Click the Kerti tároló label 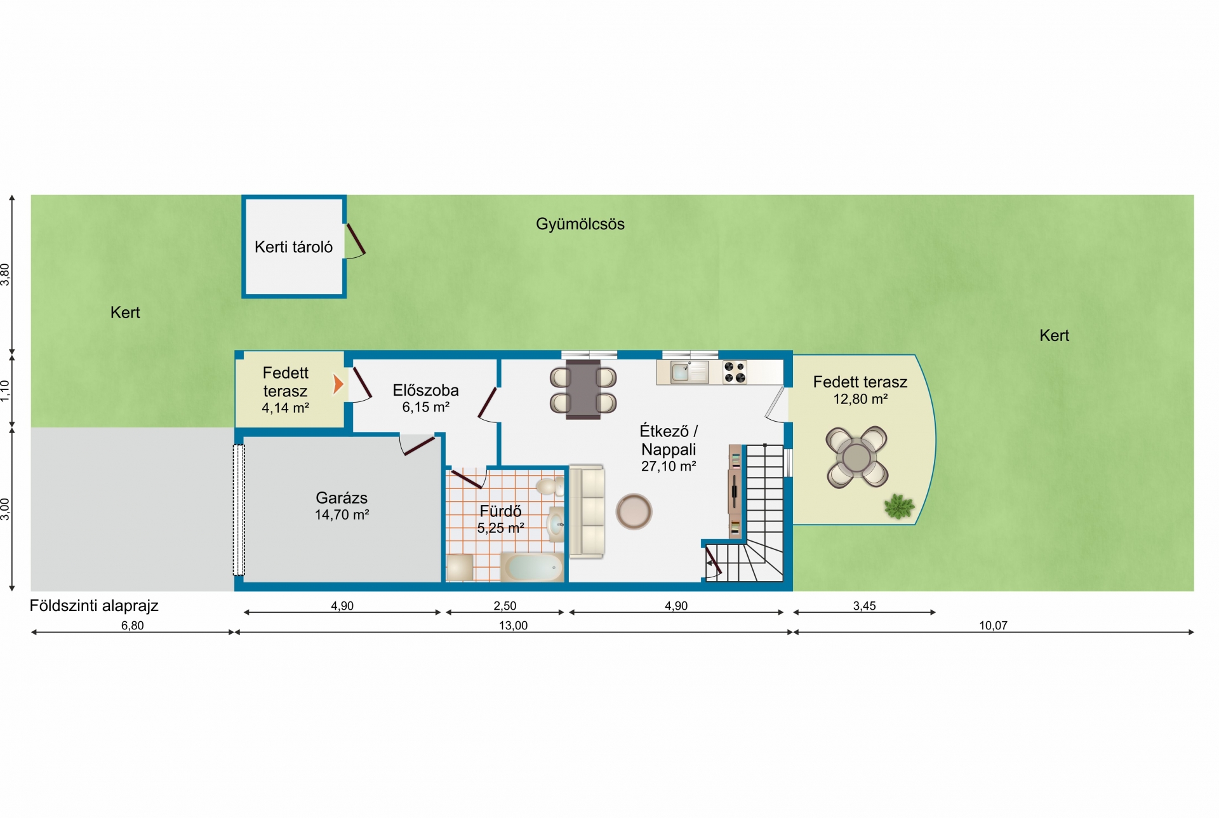pos(293,247)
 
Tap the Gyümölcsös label pos(580,224)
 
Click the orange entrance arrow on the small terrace pos(338,384)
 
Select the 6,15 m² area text pos(425,408)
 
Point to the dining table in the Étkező pos(583,389)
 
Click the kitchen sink pos(681,372)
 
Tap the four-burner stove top pos(735,373)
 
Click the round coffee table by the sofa pos(634,511)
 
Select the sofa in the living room pos(586,511)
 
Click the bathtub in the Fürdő pos(532,567)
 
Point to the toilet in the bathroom pos(550,486)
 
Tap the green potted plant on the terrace pos(899,507)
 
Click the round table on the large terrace pos(856,457)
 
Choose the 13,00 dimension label pos(513,626)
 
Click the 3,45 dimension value pos(864,606)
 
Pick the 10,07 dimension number pos(993,626)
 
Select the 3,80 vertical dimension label pos(6,274)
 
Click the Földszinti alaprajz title pos(94,606)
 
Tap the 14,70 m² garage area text pos(342,515)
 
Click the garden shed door pos(356,239)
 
